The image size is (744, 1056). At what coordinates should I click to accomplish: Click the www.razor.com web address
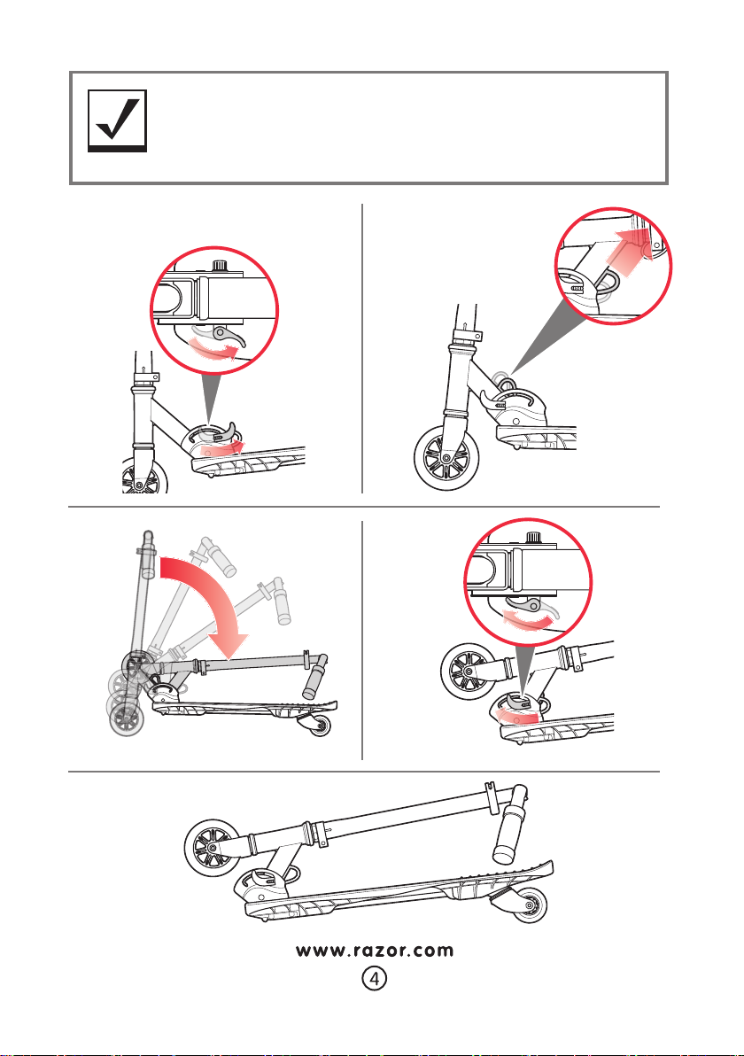pos(374,951)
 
